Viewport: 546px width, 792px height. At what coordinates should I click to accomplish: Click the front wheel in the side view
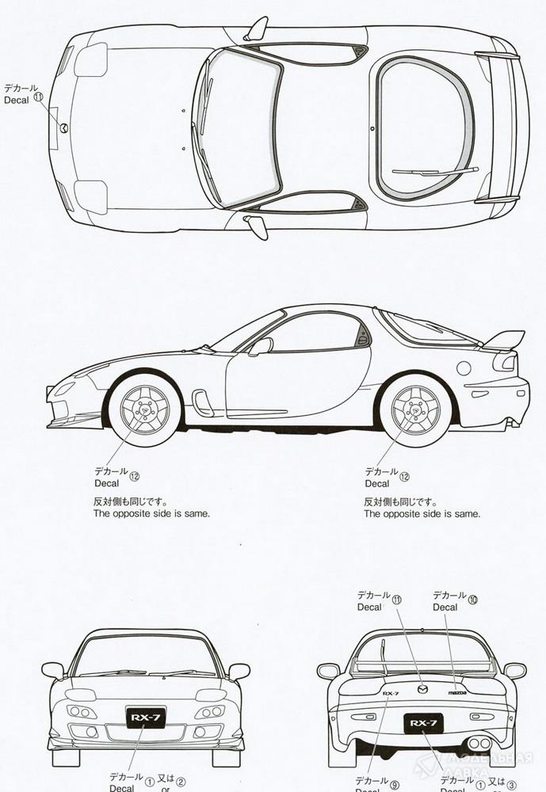(144, 410)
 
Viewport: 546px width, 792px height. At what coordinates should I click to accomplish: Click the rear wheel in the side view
(415, 410)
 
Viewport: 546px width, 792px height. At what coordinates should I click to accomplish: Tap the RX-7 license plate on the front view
(146, 718)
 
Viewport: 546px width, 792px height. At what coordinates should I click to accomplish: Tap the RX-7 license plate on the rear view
(422, 723)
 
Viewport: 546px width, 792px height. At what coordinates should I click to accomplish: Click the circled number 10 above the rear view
(473, 600)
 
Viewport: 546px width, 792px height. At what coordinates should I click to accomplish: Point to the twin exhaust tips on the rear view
(479, 744)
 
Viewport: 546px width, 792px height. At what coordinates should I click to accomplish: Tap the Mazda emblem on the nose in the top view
(63, 128)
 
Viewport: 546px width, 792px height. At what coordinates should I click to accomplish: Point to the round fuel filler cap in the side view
(464, 367)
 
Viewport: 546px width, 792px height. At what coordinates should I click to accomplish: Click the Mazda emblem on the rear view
(422, 688)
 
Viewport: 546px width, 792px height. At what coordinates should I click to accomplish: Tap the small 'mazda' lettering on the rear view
(458, 692)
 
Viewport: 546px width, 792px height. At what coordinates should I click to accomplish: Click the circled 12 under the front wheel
(134, 477)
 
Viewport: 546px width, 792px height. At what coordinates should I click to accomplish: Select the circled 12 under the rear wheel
(405, 477)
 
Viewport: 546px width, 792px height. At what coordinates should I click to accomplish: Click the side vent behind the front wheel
(204, 402)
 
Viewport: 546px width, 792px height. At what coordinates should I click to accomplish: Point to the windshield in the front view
(146, 656)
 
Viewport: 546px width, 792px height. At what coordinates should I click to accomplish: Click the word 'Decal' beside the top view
(16, 101)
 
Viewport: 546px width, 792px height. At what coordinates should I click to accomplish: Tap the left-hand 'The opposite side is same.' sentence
(151, 513)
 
